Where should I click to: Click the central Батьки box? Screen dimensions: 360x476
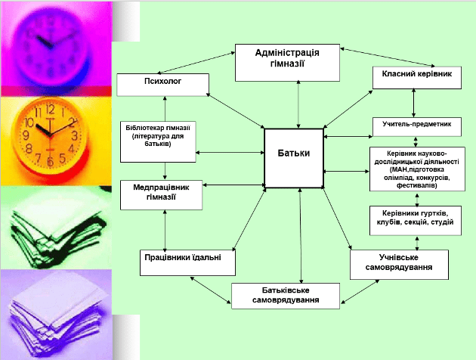point(293,157)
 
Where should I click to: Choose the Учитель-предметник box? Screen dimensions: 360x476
point(416,126)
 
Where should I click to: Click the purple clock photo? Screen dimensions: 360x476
point(57,45)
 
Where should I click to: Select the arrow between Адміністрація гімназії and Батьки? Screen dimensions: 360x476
point(300,104)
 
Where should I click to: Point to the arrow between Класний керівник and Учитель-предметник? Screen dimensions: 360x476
point(414,103)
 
